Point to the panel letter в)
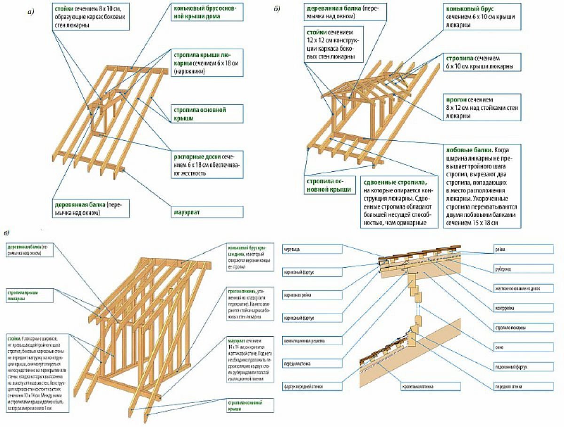(x=6, y=233)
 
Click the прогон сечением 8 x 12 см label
(x=482, y=107)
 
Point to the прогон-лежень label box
(x=250, y=303)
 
